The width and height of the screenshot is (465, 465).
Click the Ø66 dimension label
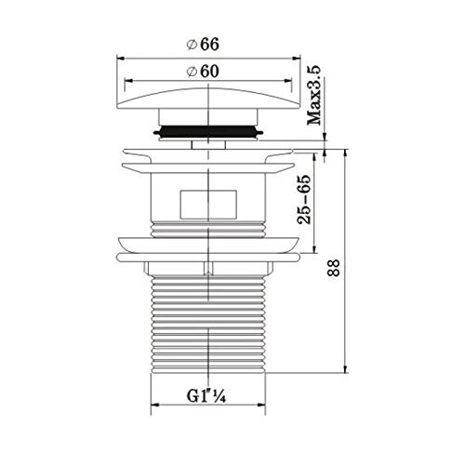coord(203,45)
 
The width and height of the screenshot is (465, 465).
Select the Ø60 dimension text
coord(203,72)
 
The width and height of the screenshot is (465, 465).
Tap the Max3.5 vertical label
coord(314,96)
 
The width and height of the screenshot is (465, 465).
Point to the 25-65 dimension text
coord(304,199)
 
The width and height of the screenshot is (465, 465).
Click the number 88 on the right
coord(334,268)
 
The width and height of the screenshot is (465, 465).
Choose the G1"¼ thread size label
coord(206,396)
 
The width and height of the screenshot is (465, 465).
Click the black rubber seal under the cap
coord(208,131)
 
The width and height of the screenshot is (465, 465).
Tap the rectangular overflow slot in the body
coord(208,205)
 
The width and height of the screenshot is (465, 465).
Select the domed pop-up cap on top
coord(208,99)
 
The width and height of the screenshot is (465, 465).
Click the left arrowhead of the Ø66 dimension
coord(121,58)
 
